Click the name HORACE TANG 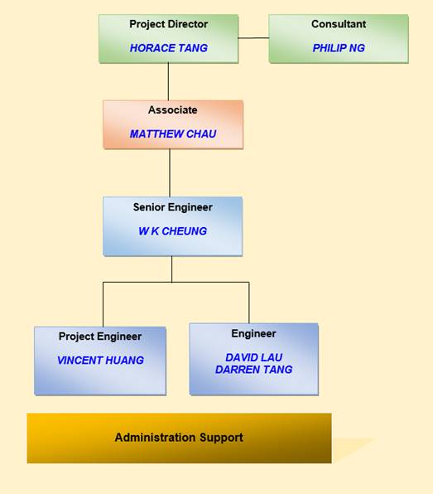(169, 48)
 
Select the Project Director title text (169, 24)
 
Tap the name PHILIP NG (339, 48)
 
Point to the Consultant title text (339, 24)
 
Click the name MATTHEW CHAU (173, 134)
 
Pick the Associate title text (173, 110)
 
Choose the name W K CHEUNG (173, 231)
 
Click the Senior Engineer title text (173, 207)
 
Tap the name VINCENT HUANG (100, 360)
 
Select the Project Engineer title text (100, 337)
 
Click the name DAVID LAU (254, 357)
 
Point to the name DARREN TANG (254, 369)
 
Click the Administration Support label (179, 438)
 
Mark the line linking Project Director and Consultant (253, 38)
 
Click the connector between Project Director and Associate (168, 81)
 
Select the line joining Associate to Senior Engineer (170, 172)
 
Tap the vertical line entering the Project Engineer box (103, 305)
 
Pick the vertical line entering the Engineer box (249, 303)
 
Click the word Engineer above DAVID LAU (253, 334)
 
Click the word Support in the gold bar (221, 438)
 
